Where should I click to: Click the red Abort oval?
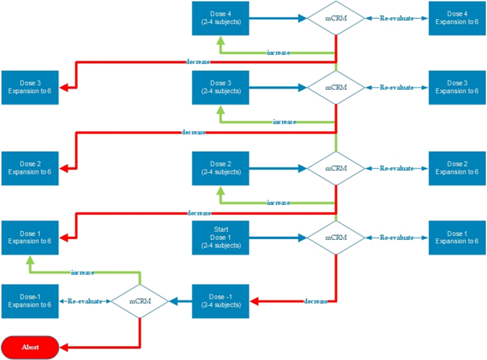[30, 347]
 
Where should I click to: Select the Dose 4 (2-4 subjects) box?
[220, 18]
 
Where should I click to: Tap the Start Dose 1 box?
[220, 237]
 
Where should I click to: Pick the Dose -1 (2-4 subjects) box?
[220, 301]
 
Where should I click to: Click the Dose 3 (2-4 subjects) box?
[220, 87]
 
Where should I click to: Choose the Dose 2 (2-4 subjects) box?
[220, 169]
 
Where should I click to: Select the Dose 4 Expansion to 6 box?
[457, 18]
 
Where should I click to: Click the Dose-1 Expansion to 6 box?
[30, 301]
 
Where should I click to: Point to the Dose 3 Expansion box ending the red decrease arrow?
[30, 88]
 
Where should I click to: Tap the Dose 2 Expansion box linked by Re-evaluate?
[457, 169]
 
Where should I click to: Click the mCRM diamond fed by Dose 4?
[335, 18]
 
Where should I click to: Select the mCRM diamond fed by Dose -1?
[139, 301]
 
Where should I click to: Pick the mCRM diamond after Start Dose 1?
[335, 237]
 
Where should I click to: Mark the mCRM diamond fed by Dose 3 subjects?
[335, 87]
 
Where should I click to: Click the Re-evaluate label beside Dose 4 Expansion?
[396, 18]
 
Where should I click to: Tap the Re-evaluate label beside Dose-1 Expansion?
[85, 301]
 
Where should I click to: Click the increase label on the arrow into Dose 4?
[278, 53]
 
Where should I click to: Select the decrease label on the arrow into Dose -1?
[316, 301]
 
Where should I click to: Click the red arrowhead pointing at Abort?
[64, 347]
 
